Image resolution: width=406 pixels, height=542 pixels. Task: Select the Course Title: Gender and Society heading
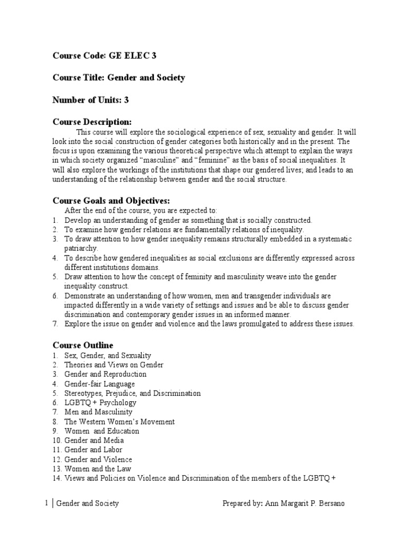pos(118,78)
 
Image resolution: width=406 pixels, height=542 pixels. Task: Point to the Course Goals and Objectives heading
pos(110,201)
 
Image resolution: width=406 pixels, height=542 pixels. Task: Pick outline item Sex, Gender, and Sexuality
pos(107,355)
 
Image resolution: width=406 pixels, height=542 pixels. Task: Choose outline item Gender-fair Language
pos(99,384)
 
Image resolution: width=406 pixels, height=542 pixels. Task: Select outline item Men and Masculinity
pos(98,412)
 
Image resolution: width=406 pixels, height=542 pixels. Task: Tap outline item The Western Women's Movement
pos(119,422)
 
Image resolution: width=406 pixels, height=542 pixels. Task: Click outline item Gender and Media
pos(94,440)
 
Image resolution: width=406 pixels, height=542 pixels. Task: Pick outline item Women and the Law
pos(98,469)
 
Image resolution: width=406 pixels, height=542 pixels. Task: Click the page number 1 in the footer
pos(48,503)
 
